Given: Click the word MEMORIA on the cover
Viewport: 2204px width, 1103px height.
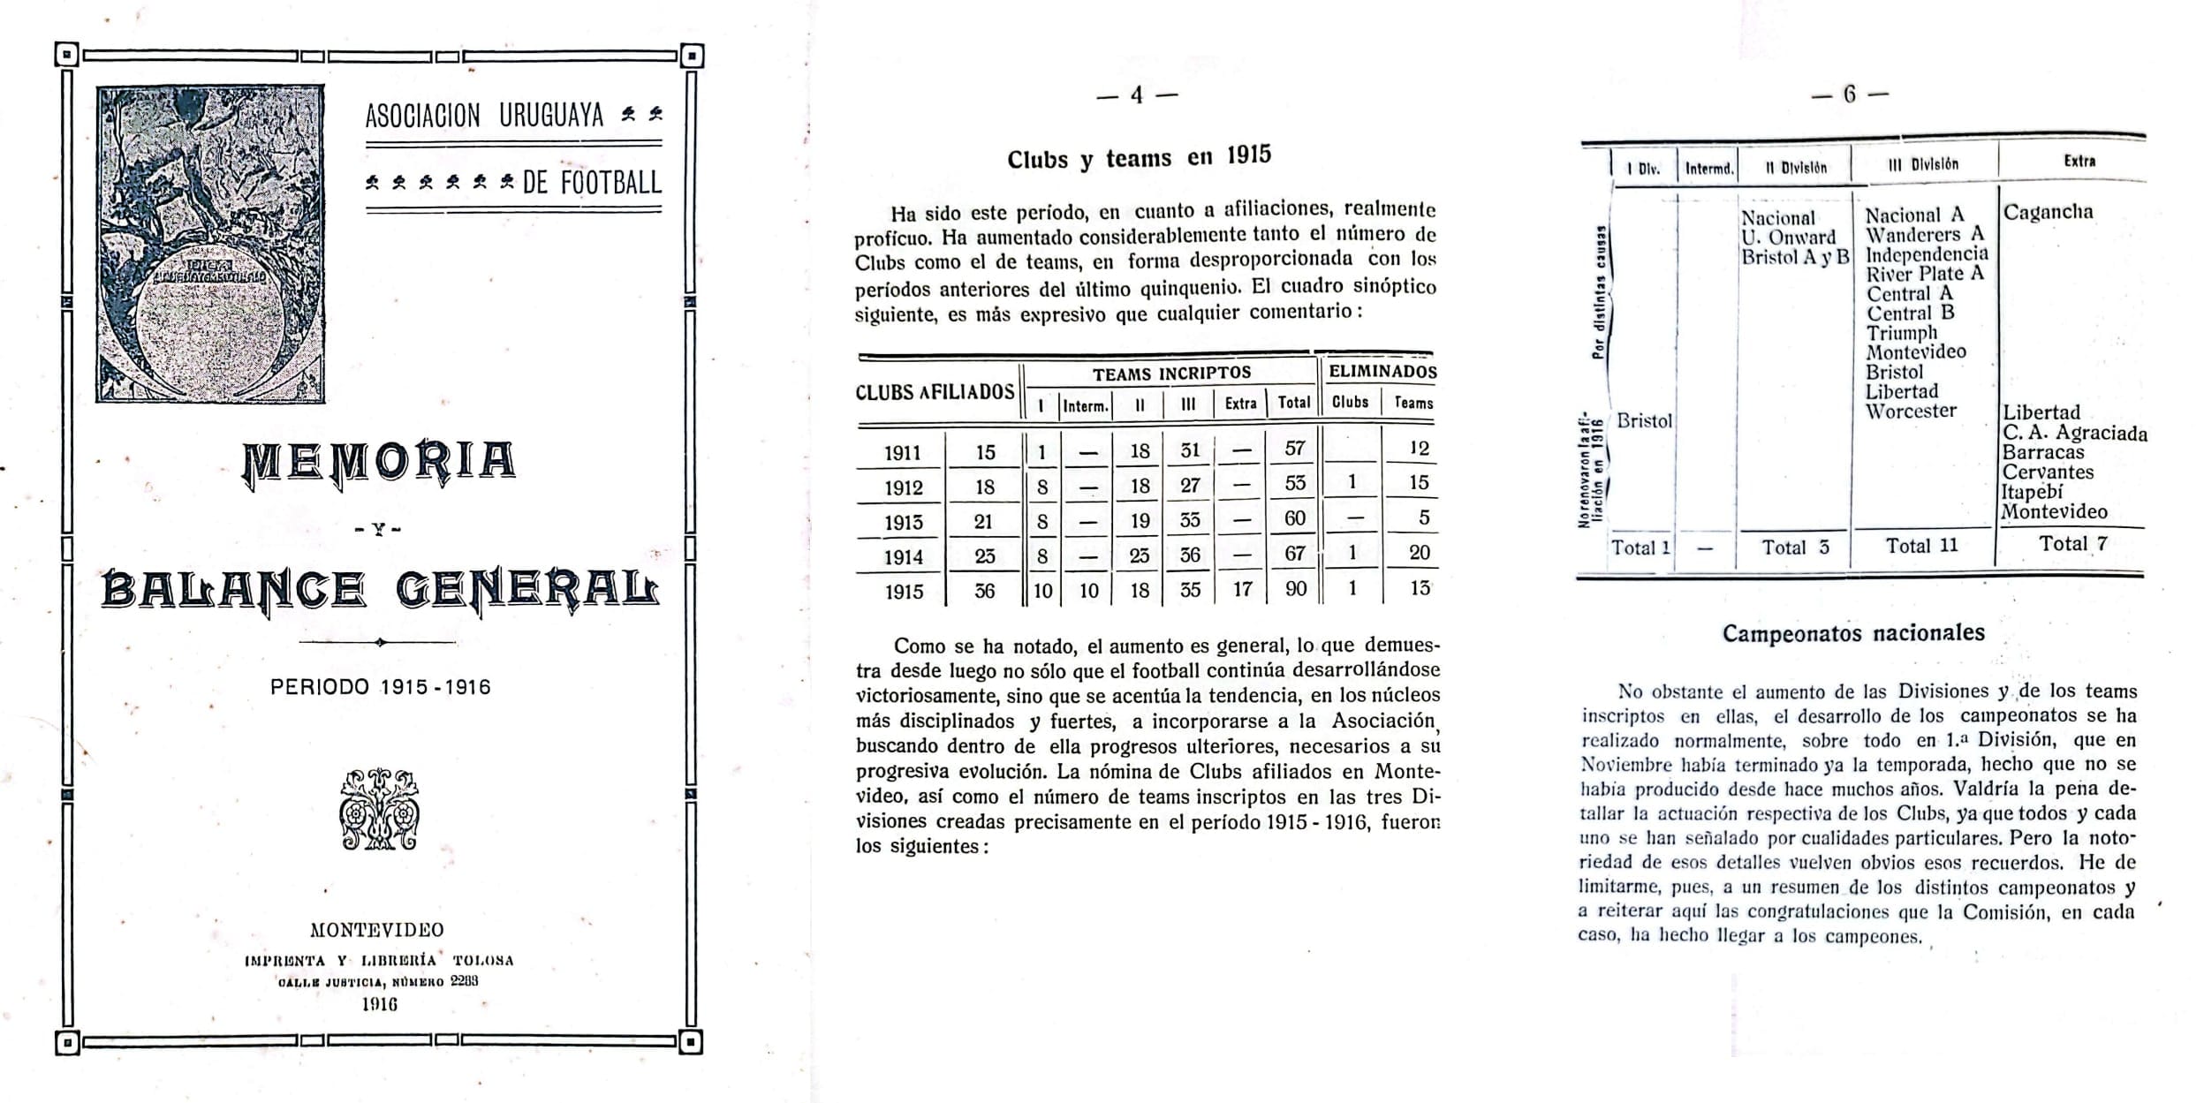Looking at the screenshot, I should point(379,462).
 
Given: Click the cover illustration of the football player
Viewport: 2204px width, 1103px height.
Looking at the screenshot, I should point(210,244).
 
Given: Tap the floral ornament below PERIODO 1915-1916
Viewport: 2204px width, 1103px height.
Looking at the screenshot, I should point(379,809).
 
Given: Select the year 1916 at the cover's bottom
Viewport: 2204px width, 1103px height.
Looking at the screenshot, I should point(380,1004).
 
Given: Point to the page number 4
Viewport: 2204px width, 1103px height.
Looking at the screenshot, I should point(1137,95).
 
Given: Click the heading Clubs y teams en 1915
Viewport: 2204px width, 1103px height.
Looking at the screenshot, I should point(1139,158).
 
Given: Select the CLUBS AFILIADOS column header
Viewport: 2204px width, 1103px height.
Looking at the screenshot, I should point(935,392).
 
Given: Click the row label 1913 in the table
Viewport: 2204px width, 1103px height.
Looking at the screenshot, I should point(903,522).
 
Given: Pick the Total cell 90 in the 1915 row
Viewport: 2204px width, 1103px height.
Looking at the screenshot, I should point(1295,588).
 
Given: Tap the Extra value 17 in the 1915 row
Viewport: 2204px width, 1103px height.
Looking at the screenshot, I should point(1242,589).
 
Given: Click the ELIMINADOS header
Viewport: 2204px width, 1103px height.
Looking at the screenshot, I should point(1382,372).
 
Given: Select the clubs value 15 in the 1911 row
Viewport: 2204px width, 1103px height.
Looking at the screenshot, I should point(985,452).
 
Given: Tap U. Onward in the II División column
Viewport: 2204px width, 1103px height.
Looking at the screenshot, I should point(1788,238).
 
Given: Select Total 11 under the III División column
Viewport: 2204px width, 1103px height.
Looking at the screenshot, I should point(1921,546).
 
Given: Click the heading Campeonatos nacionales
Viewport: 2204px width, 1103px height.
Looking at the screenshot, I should point(1853,633).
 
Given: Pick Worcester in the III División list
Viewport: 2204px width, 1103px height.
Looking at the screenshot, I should point(1911,411).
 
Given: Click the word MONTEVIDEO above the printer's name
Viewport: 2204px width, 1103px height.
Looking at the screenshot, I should point(377,930).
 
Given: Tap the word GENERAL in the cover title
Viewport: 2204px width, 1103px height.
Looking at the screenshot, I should point(527,590).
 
